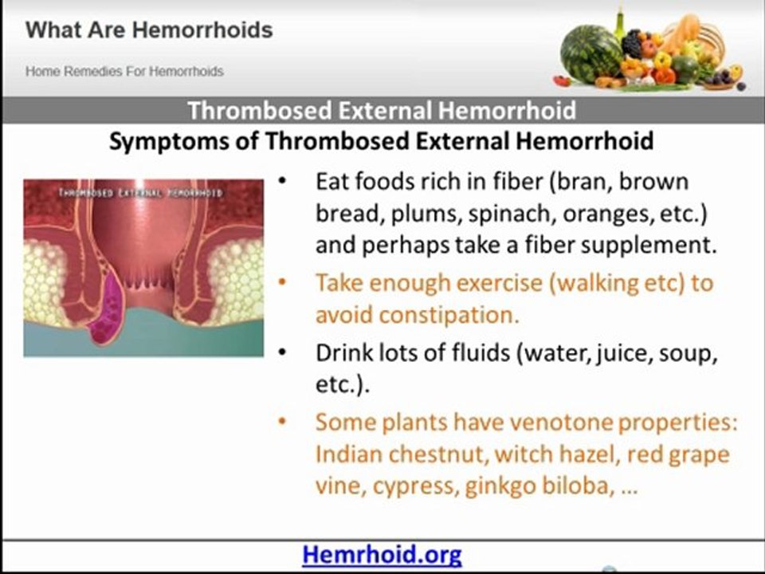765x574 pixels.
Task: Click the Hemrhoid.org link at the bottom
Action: click(382, 554)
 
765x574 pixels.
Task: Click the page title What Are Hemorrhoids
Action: click(149, 31)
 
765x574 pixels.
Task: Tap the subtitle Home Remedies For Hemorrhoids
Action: click(124, 71)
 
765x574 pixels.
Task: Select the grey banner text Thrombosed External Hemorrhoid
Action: click(382, 110)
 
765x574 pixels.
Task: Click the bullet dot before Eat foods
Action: click(284, 182)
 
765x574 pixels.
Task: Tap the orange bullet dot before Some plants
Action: click(284, 423)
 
